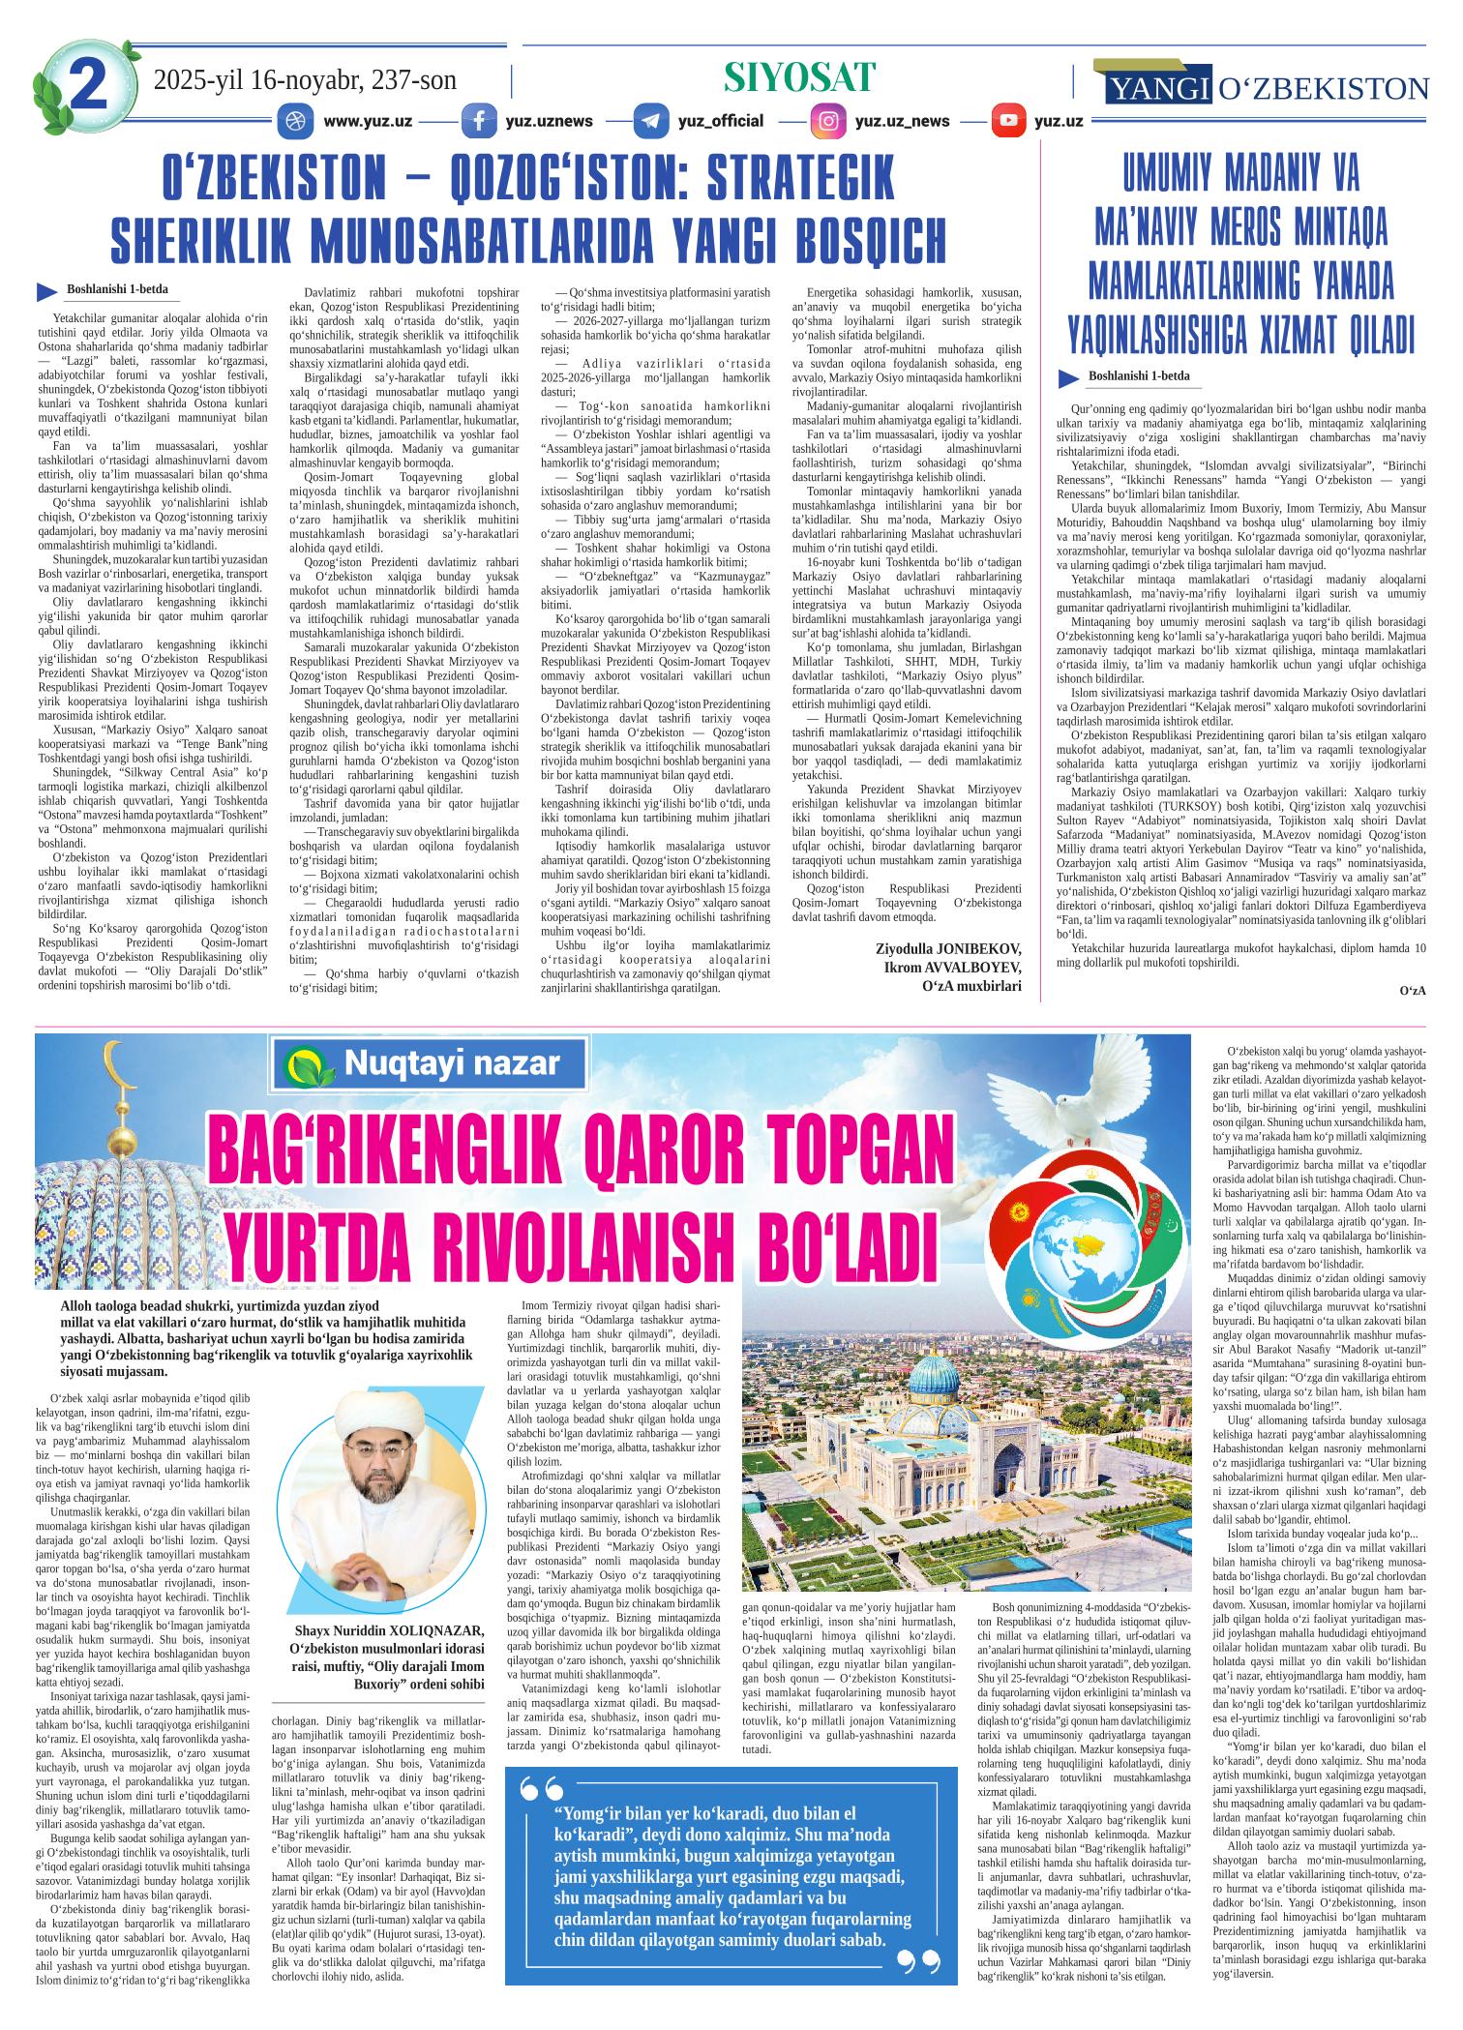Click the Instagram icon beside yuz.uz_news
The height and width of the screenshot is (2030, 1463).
pyautogui.click(x=828, y=122)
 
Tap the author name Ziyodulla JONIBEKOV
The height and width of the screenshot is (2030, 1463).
pyautogui.click(x=947, y=949)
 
